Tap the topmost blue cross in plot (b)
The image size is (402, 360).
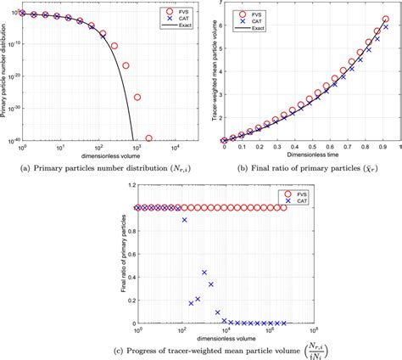pyautogui.click(x=386, y=27)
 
